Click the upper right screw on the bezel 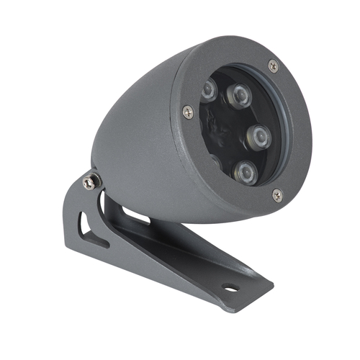pos(273,66)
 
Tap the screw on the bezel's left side pos(188,111)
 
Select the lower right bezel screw pos(277,193)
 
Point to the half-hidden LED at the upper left pos(209,90)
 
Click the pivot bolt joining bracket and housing pos(90,182)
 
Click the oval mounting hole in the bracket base pos(231,289)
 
